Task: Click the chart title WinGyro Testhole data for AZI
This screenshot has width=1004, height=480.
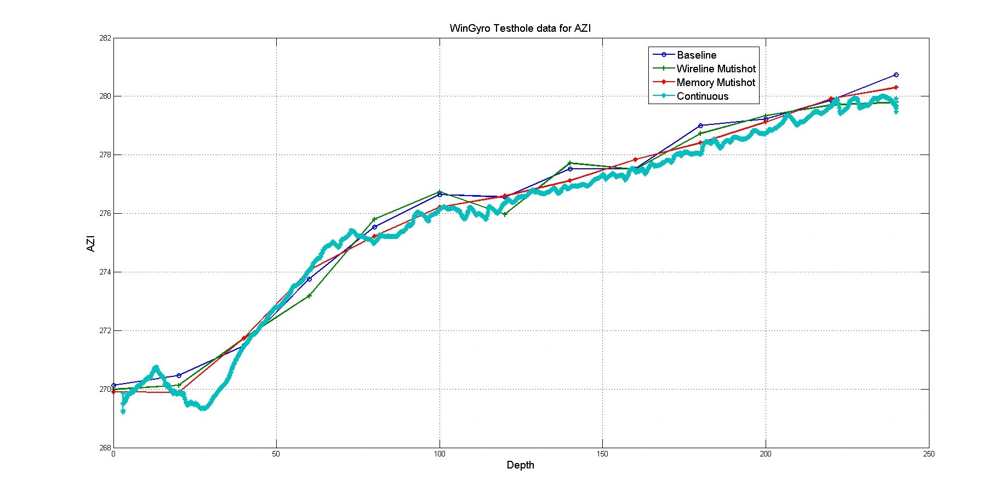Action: point(520,28)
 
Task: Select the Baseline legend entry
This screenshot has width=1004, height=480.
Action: point(696,55)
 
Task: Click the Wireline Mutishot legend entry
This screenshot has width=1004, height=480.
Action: point(716,68)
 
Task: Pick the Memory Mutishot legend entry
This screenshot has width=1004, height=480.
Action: point(715,82)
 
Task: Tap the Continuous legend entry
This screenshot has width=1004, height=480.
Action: point(702,96)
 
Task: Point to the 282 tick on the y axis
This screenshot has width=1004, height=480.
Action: point(105,38)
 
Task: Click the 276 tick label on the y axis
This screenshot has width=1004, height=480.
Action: point(105,213)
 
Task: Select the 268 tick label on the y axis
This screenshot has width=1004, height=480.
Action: point(105,448)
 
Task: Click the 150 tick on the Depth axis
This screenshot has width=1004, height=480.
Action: point(602,454)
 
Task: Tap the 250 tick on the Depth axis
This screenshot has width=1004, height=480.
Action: point(928,454)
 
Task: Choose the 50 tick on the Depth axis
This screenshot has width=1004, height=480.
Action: point(276,454)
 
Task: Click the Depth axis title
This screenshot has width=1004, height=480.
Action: point(520,465)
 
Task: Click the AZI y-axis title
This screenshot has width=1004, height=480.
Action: point(91,243)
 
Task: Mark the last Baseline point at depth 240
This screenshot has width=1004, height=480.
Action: point(896,75)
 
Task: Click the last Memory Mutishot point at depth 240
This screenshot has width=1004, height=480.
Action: point(896,87)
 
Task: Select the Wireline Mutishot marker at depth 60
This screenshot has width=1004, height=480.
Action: point(309,296)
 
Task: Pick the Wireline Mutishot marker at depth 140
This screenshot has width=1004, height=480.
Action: point(570,163)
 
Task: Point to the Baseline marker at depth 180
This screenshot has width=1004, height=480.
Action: point(700,125)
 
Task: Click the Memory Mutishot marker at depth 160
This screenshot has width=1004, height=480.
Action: point(635,159)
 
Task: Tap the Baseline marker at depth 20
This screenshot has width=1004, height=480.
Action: point(179,375)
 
